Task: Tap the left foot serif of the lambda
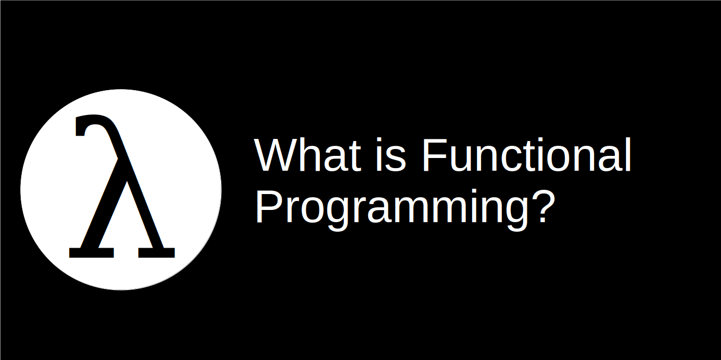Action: [91, 252]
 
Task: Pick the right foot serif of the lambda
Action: [157, 252]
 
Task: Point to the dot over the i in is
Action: [380, 141]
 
